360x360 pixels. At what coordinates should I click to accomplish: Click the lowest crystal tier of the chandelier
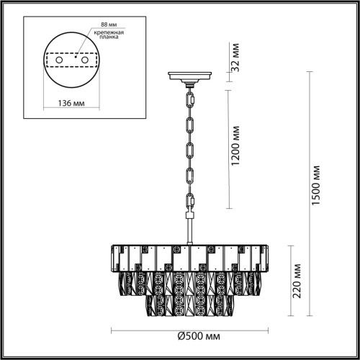point(190,306)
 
